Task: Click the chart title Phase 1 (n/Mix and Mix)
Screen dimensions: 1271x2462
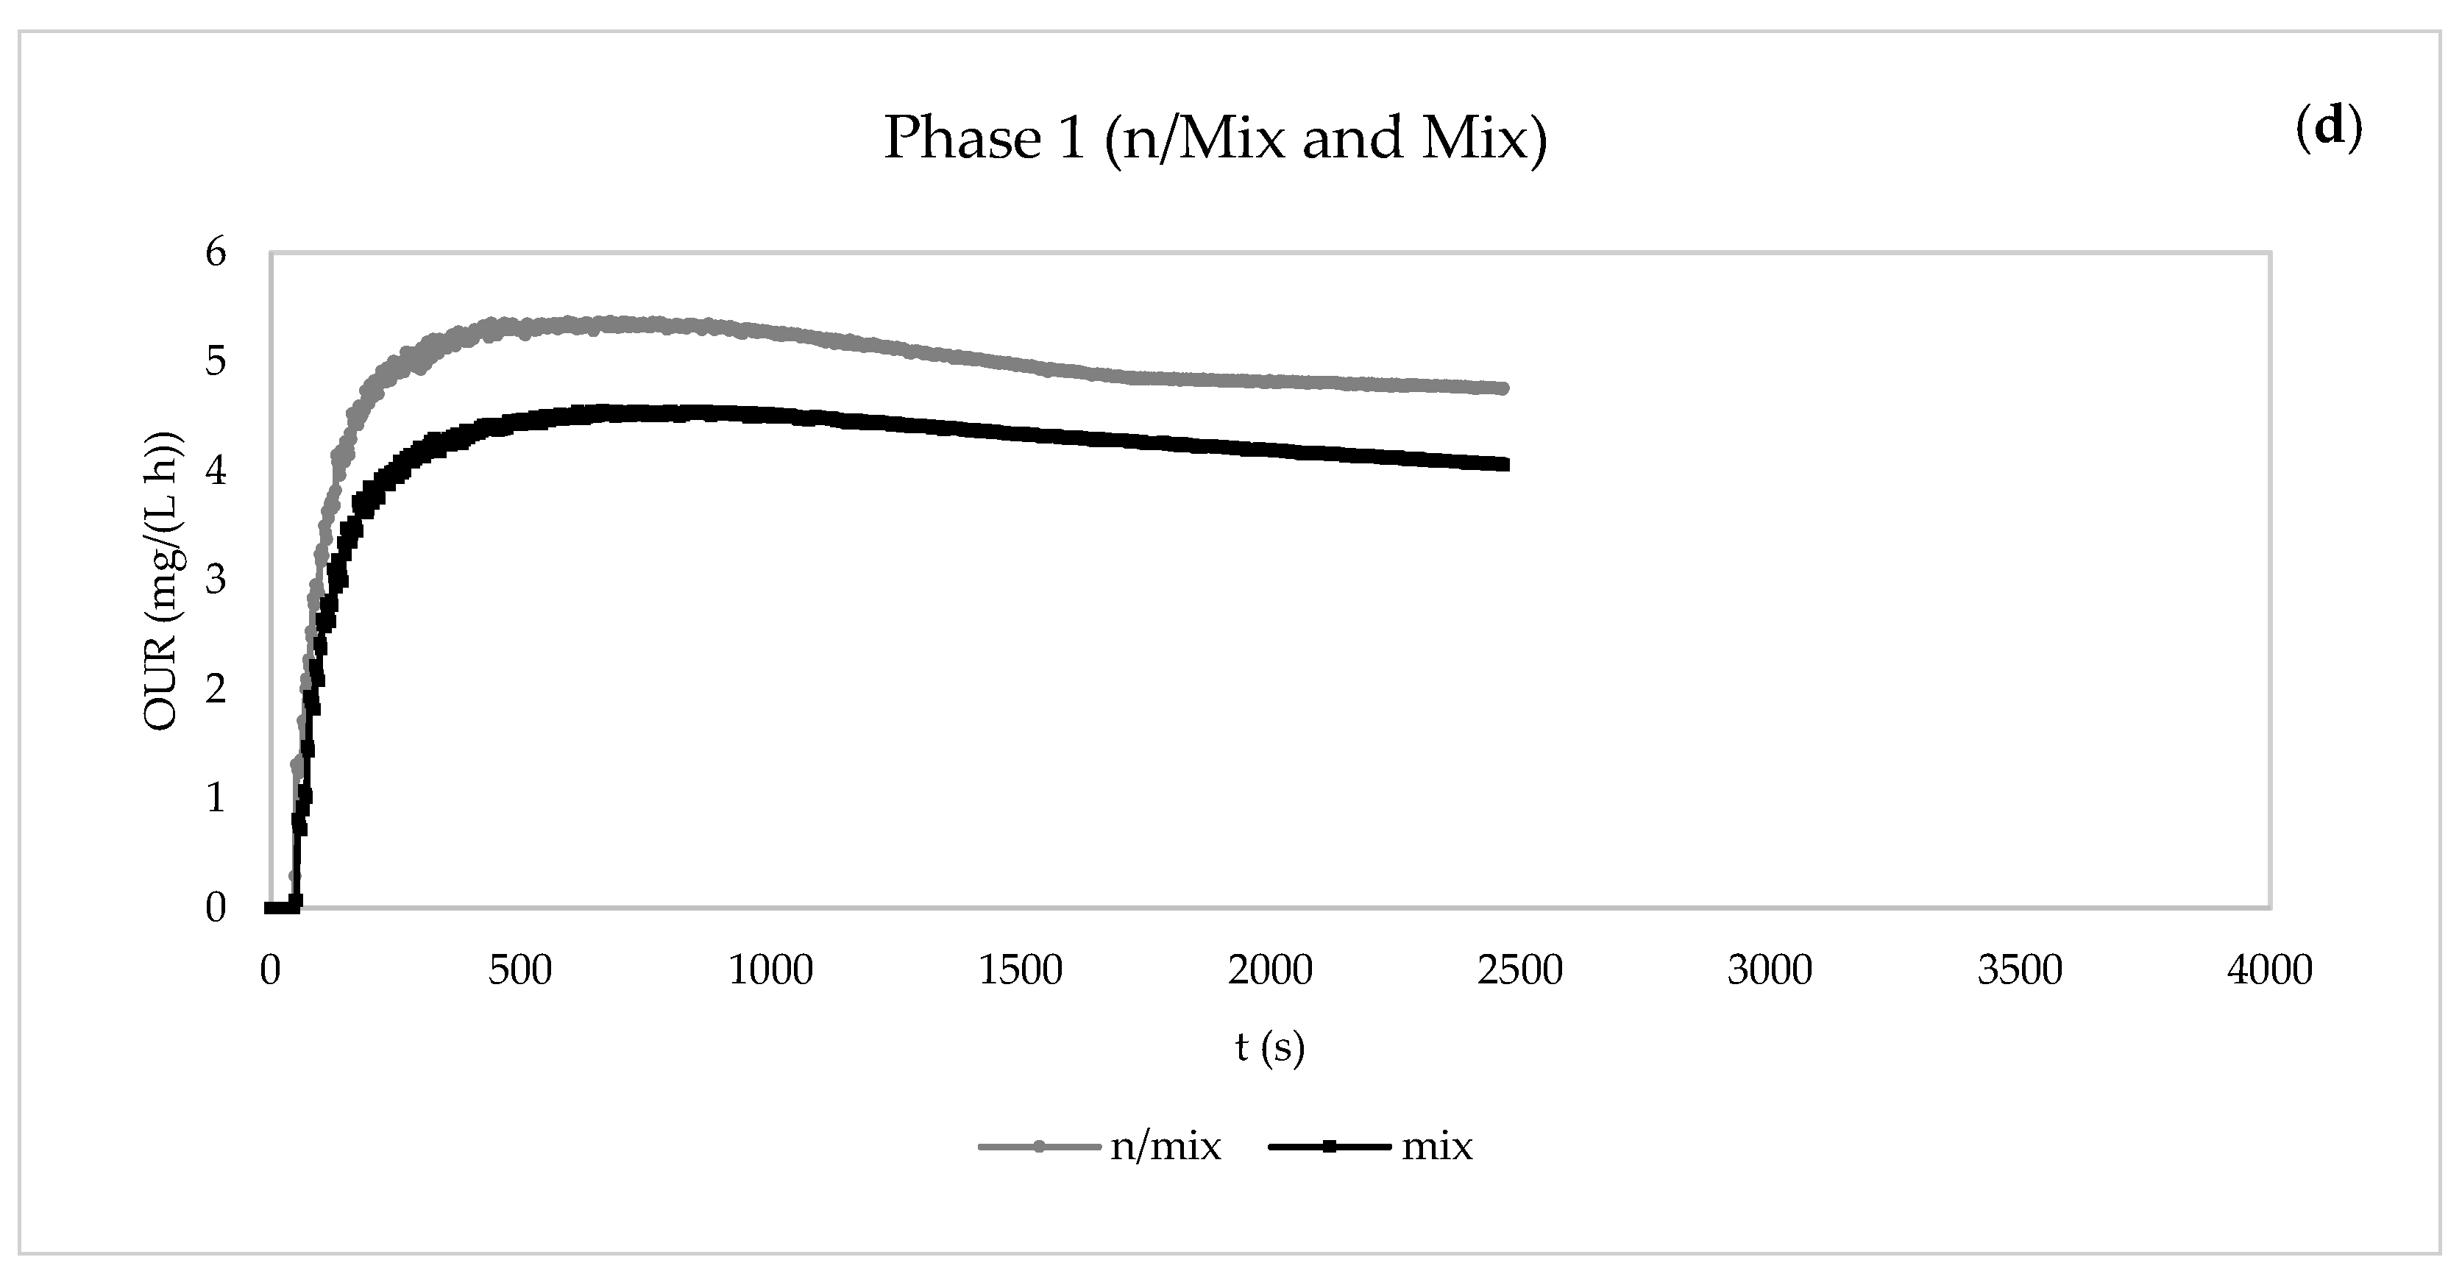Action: [x=1215, y=138]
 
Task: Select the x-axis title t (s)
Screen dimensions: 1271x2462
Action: [x=1269, y=1047]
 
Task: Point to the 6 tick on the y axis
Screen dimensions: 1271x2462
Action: [x=216, y=252]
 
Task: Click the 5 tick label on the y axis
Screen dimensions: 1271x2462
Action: [x=216, y=361]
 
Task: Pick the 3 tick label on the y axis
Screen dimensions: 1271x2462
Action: [x=216, y=579]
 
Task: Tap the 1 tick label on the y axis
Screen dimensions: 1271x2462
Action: [x=216, y=797]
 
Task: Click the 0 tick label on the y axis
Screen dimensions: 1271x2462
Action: [x=216, y=907]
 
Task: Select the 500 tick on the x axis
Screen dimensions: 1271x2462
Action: [x=520, y=970]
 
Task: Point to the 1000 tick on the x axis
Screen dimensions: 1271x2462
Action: [x=770, y=970]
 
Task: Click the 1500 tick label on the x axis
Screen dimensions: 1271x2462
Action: [x=1020, y=970]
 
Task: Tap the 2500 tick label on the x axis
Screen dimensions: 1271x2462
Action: [x=1519, y=970]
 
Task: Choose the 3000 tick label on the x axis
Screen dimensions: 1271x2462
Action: [x=1770, y=970]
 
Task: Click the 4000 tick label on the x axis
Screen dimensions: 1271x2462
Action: [x=2269, y=970]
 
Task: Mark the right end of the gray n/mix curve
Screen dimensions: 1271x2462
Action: [x=1503, y=388]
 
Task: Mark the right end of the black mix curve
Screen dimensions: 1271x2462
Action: [x=1503, y=464]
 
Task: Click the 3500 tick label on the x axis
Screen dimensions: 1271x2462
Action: [x=2020, y=970]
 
